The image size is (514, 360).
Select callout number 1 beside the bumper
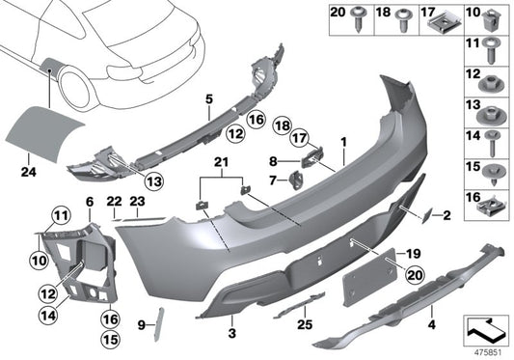click(x=342, y=141)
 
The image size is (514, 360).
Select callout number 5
click(x=208, y=99)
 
